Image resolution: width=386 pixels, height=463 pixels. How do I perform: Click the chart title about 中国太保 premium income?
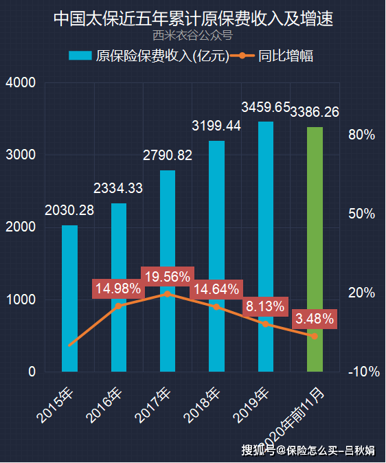click(193, 18)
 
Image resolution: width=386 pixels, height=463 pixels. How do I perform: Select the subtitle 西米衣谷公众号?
click(193, 35)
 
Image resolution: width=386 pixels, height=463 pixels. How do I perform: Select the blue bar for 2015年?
click(70, 298)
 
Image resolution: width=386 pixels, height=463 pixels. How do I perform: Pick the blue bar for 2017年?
click(168, 271)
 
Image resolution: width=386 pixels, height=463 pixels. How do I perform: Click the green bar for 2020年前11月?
click(315, 249)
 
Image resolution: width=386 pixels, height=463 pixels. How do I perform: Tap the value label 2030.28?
click(69, 210)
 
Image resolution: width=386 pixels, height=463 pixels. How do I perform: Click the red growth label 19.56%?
click(168, 276)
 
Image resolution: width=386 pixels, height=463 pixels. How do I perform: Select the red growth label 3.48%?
click(314, 319)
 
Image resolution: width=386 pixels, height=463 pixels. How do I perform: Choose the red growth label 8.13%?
click(265, 307)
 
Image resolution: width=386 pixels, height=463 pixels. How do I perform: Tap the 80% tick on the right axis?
click(361, 135)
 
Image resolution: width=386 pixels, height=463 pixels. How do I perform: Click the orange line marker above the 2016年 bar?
click(119, 306)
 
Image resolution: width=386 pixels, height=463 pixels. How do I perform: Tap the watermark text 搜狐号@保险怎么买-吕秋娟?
click(307, 451)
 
